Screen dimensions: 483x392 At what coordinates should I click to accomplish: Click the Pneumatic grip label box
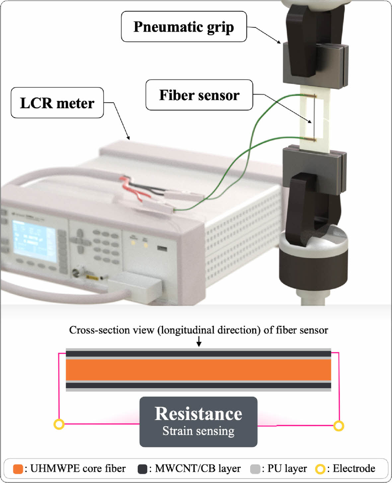[184, 27]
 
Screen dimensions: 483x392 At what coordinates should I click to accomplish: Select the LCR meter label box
[57, 103]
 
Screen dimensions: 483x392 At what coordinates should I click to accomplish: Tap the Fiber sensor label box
[199, 95]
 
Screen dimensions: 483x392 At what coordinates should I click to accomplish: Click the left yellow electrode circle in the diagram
[59, 424]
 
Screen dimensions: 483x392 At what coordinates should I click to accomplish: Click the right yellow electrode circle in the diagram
[338, 426]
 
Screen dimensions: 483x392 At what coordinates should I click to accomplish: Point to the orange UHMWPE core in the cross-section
[198, 370]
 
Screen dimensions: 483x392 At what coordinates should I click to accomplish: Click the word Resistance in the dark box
[198, 414]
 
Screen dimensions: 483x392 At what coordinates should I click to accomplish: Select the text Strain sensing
[198, 431]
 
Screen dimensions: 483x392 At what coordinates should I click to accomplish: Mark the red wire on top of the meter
[131, 189]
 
